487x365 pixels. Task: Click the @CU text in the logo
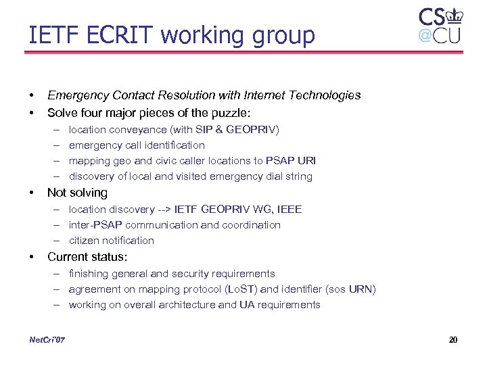click(x=439, y=35)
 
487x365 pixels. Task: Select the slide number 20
click(x=453, y=339)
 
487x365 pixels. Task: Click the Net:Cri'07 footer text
click(x=48, y=339)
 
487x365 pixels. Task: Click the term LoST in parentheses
click(x=243, y=289)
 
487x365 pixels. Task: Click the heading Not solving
click(x=77, y=193)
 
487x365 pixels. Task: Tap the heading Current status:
click(x=87, y=257)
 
